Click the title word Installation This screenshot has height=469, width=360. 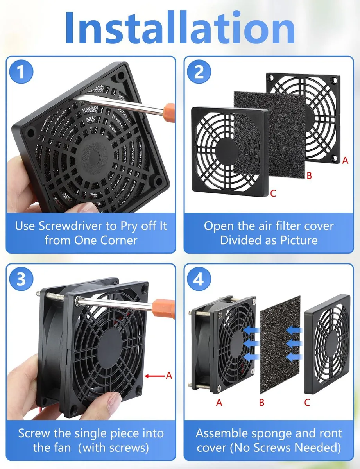coord(180,27)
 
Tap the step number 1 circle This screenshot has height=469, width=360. coord(21,72)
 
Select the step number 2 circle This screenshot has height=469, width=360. coord(199,72)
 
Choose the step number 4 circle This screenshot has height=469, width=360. coord(199,279)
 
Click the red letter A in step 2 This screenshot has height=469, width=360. coord(345,160)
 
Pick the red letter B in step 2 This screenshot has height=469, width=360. coord(309,175)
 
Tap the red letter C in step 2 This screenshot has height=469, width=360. coord(273,193)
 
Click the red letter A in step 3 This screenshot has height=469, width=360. coord(169,376)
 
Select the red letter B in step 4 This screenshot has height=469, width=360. coord(261,402)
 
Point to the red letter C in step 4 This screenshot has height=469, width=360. coord(307,402)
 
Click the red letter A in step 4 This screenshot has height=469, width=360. coord(219,402)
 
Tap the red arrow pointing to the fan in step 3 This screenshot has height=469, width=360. coord(154,376)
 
